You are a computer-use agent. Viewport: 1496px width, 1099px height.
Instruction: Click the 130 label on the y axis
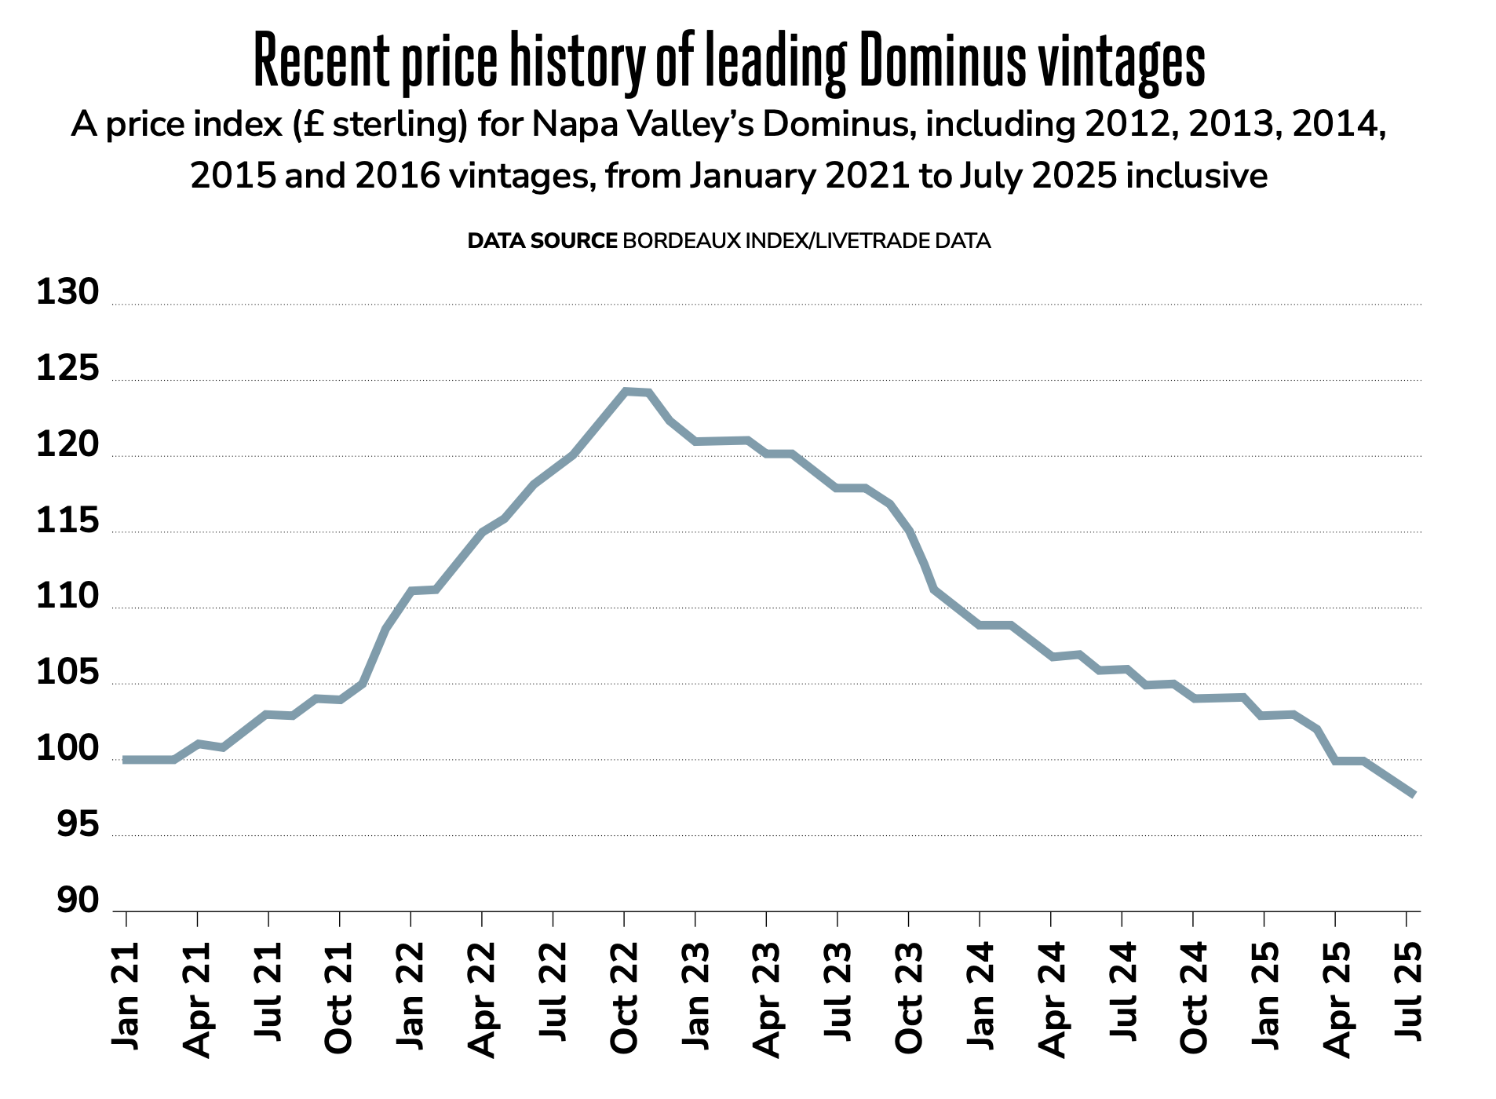(68, 293)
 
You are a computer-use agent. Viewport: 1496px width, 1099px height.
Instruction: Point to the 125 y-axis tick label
(68, 369)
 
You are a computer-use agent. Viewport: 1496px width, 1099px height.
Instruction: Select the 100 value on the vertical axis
(68, 750)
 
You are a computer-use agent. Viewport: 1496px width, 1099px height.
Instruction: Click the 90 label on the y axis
(78, 901)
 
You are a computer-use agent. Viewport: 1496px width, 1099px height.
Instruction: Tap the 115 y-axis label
(68, 521)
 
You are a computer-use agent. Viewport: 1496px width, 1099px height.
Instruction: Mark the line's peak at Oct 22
(626, 391)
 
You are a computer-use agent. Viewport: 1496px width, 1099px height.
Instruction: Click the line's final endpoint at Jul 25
(1413, 794)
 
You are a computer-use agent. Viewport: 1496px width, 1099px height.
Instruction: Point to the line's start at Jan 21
(126, 760)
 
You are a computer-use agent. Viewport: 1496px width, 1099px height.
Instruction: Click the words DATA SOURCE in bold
(542, 241)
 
